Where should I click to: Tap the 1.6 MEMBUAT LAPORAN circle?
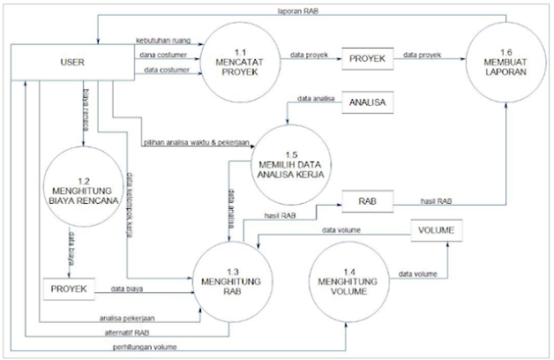click(506, 62)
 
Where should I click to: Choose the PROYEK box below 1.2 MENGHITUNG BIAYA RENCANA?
click(68, 289)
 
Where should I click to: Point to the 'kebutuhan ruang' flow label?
click(163, 41)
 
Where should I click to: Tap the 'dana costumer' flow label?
click(161, 55)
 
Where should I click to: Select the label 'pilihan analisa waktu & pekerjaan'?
click(195, 142)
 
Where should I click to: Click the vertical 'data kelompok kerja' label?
click(130, 202)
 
